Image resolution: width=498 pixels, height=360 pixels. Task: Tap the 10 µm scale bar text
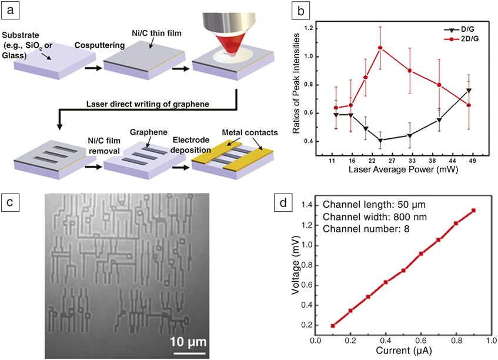point(188,341)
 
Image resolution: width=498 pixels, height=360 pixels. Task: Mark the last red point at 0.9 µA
point(473,210)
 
